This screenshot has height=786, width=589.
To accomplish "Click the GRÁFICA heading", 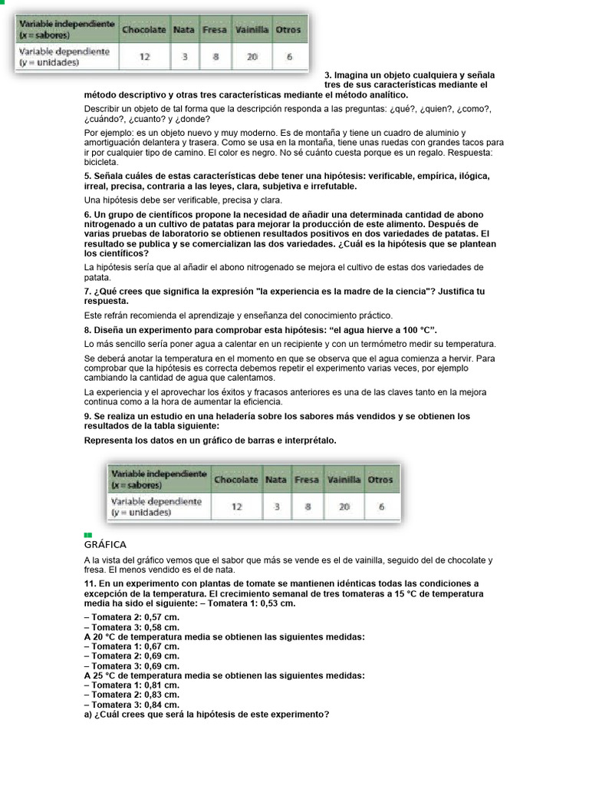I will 105,543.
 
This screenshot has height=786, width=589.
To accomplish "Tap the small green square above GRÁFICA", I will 88,534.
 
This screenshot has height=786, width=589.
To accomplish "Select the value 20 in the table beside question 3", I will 253,56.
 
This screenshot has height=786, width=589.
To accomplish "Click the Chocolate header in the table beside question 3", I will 143,30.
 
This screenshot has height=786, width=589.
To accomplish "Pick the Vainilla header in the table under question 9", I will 344,480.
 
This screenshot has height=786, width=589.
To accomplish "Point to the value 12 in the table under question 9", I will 236,507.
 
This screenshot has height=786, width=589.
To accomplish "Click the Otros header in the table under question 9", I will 380,480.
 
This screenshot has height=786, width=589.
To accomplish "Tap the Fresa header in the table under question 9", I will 307,480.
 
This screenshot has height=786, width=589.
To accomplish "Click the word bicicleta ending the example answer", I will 101,162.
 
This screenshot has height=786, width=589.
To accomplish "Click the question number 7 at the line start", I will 87,291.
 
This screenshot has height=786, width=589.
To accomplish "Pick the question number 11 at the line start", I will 89,583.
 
